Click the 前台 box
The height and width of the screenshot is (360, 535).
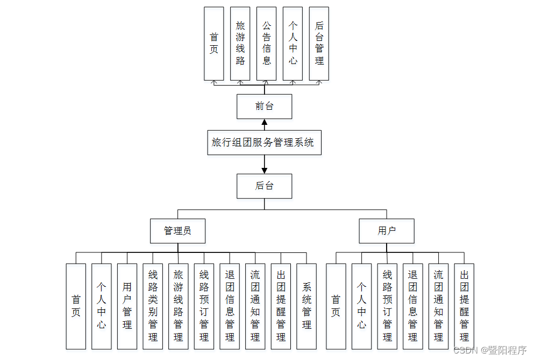pos(264,107)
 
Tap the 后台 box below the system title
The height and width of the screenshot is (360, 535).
pos(264,186)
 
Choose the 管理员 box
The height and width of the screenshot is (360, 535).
pos(177,231)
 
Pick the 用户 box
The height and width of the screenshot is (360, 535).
pos(387,231)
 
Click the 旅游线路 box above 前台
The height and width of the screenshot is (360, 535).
pos(240,44)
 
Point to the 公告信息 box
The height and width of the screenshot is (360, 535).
pos(266,44)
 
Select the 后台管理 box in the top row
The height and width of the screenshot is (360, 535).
pos(319,44)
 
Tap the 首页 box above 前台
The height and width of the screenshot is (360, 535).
pos(214,44)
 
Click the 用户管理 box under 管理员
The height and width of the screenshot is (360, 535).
pos(127,306)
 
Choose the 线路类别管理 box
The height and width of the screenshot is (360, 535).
pos(153,306)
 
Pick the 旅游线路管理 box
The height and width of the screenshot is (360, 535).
pos(178,306)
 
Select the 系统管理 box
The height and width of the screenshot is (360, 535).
pos(306,306)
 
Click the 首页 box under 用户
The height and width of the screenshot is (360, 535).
pos(336,306)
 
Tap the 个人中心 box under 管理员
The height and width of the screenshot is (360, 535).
pos(101,306)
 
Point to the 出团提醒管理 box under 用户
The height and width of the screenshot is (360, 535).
pos(464,306)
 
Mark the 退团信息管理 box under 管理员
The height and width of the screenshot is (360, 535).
pos(230,306)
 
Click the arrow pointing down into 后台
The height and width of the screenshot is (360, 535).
pos(264,170)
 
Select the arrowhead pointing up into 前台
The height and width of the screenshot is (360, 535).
pos(264,122)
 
